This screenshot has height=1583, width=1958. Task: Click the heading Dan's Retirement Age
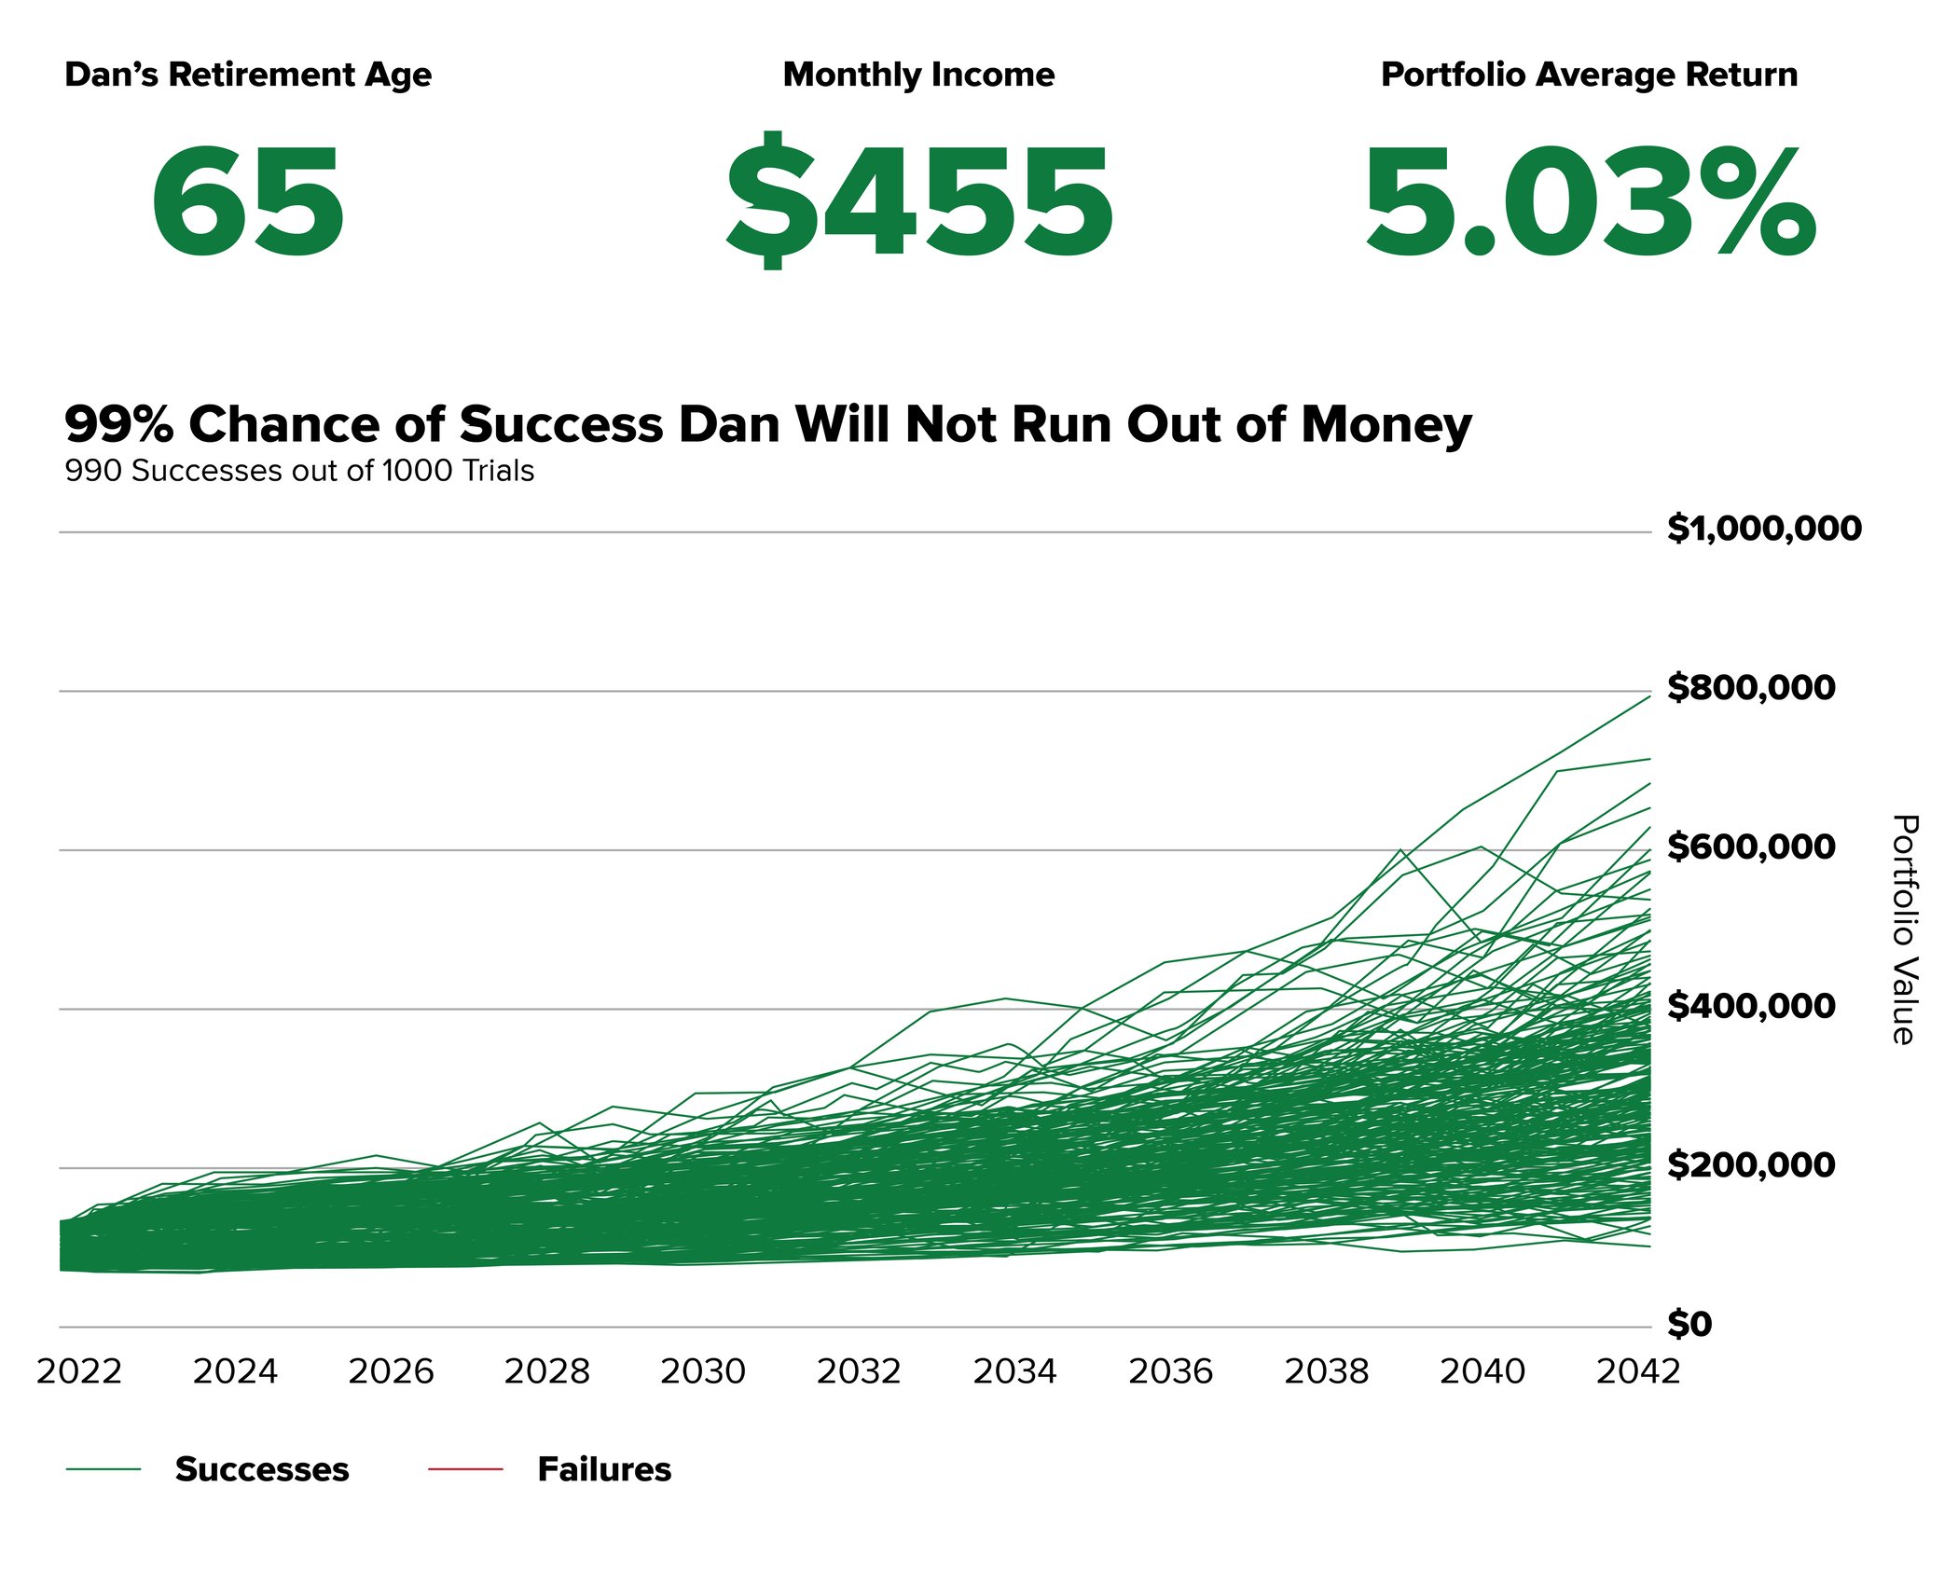[x=248, y=75]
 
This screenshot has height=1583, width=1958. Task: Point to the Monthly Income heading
[x=918, y=75]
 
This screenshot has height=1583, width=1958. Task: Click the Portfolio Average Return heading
[x=1589, y=75]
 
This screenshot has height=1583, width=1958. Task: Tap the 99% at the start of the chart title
[x=118, y=424]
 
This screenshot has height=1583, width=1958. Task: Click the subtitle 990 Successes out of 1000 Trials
[x=299, y=471]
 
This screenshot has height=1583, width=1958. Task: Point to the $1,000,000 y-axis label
[x=1764, y=529]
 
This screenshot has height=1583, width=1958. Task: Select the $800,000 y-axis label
[x=1751, y=688]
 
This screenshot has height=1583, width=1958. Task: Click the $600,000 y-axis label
[x=1751, y=847]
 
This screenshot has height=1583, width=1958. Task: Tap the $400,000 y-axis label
[x=1751, y=1006]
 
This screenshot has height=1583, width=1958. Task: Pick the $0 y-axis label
[x=1689, y=1324]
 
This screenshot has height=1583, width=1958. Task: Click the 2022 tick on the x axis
[x=79, y=1372]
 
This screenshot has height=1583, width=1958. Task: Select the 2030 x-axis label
[x=703, y=1372]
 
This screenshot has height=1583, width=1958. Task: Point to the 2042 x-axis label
[x=1638, y=1372]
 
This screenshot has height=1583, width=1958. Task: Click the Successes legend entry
[x=261, y=1469]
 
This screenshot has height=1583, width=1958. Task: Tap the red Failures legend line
[x=465, y=1469]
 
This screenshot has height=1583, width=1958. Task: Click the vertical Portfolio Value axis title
[x=1904, y=929]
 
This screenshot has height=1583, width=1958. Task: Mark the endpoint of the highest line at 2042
[x=1649, y=695]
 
